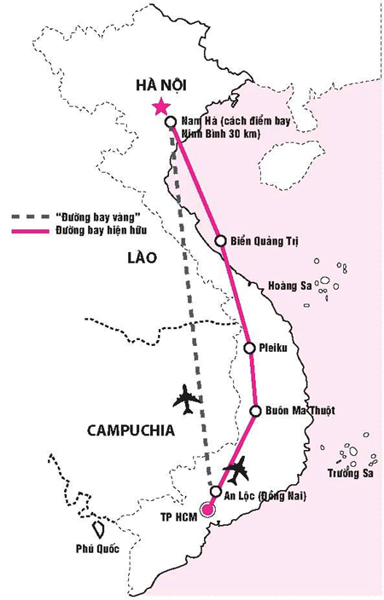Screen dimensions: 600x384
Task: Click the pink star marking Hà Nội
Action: click(x=159, y=107)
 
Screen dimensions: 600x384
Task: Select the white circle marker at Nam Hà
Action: click(x=171, y=122)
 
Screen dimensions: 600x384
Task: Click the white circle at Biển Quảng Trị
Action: click(x=220, y=240)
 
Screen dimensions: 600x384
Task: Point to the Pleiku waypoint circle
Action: click(x=249, y=348)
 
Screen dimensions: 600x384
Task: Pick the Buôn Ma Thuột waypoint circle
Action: click(x=255, y=411)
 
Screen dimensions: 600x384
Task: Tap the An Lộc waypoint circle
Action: click(x=217, y=493)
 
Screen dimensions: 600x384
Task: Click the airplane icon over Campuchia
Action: click(x=187, y=397)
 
